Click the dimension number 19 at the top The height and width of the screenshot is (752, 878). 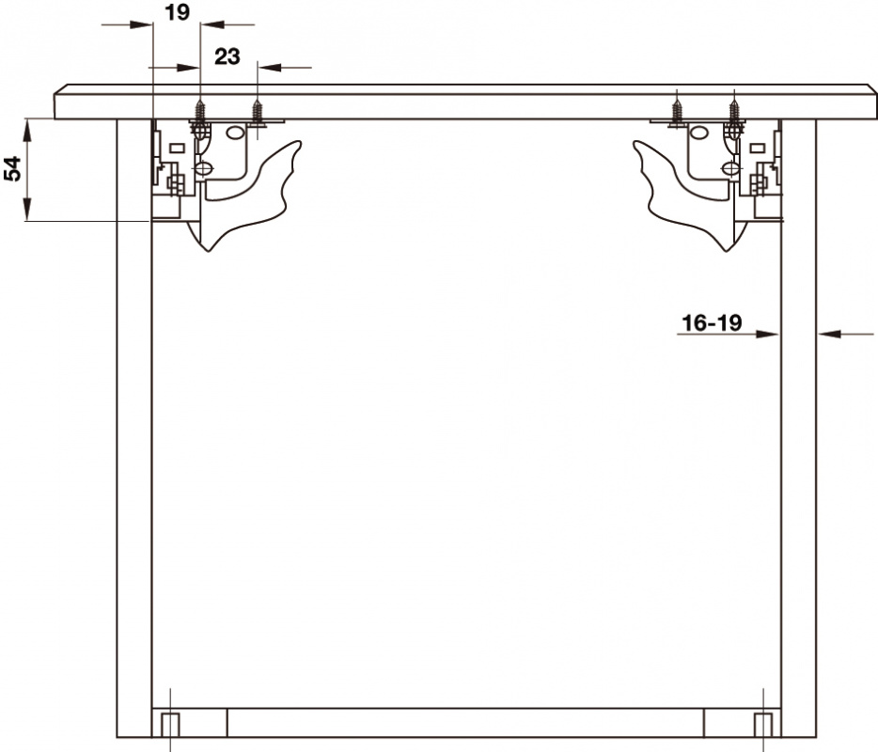coord(178,12)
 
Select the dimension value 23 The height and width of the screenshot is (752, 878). coord(227,56)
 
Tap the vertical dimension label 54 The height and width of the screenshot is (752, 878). coord(12,168)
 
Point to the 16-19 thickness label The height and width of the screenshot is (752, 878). coord(712,322)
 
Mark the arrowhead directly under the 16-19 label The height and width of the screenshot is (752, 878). coord(768,335)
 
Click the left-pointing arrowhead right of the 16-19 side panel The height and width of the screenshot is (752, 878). coord(829,335)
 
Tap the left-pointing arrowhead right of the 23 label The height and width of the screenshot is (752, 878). coord(270,67)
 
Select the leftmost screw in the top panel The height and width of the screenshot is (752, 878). coord(200,111)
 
